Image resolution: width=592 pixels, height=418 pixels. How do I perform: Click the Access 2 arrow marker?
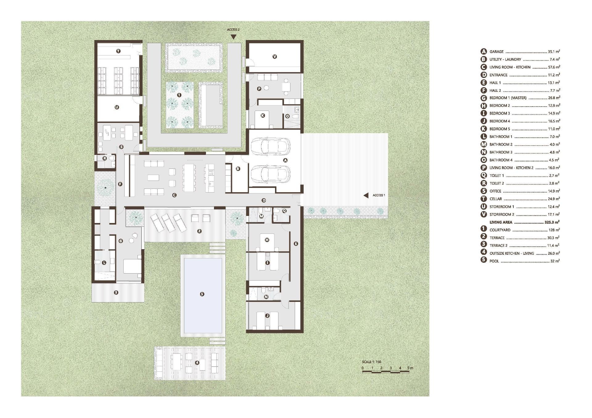tap(234, 37)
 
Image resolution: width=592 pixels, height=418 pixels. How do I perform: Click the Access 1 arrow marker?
tap(366, 195)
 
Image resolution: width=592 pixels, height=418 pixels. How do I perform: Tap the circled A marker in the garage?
tap(285, 160)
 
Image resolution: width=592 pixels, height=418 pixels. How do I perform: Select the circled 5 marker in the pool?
tap(202, 294)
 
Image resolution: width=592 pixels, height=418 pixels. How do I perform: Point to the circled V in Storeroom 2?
tap(275, 57)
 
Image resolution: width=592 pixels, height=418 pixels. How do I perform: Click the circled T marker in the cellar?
tap(118, 51)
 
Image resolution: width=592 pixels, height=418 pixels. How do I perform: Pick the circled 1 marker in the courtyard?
tap(179, 95)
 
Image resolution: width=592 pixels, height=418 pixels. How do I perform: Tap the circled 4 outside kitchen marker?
tap(197, 363)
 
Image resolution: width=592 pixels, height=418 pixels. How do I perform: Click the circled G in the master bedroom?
tap(121, 241)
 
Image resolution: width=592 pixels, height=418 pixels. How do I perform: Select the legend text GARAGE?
tap(496, 52)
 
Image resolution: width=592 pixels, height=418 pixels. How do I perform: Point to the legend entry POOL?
tap(494, 261)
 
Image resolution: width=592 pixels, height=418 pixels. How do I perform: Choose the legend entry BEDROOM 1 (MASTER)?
tap(508, 98)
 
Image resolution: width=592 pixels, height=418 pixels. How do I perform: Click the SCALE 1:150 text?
tap(372, 362)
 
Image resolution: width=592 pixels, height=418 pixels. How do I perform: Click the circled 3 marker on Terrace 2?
tap(116, 292)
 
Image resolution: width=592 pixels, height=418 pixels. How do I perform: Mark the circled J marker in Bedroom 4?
tap(267, 316)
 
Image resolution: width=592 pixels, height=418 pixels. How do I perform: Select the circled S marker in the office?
tap(121, 147)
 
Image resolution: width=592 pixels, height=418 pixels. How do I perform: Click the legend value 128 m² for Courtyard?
tap(554, 230)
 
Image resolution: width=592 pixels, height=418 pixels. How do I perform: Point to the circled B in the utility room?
tap(238, 169)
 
